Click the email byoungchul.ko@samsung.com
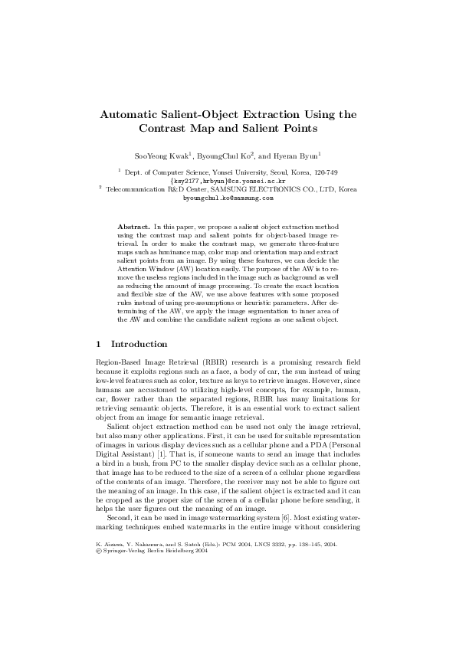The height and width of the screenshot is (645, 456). [x=228, y=197]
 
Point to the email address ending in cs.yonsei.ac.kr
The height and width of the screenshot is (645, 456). [x=228, y=181]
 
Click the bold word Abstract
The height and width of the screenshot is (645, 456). [x=133, y=228]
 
